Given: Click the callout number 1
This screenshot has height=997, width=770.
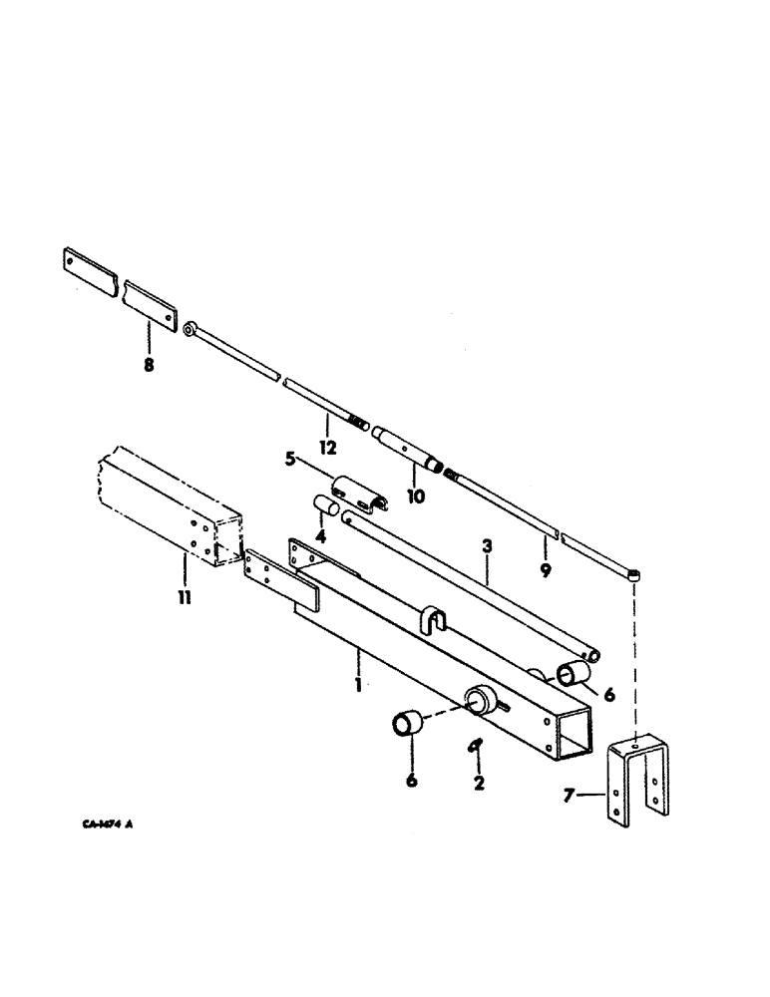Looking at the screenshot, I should click(x=358, y=684).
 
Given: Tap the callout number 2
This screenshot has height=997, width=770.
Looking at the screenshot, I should click(x=479, y=784).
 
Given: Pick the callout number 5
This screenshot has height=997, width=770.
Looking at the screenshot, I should click(x=291, y=460).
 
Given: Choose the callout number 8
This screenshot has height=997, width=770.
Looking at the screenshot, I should click(x=148, y=365).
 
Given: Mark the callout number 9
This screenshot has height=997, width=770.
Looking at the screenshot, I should click(x=545, y=571).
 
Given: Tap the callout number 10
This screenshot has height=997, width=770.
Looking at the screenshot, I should click(x=416, y=495).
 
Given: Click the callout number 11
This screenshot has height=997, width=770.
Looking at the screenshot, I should click(x=186, y=598).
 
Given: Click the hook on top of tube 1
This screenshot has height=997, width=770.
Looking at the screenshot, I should click(x=428, y=618).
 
